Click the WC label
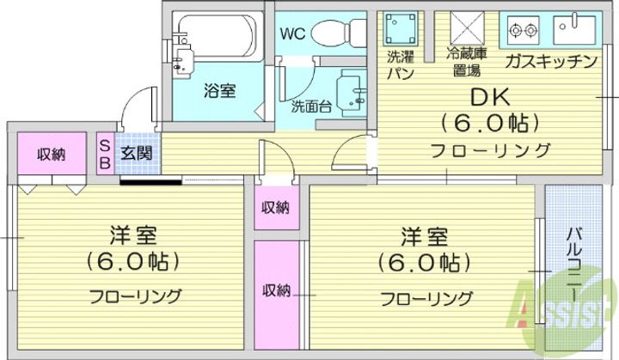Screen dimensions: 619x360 [x=292, y=34]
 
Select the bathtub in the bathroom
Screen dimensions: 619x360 [x=218, y=36]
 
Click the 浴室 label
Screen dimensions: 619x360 [x=220, y=92]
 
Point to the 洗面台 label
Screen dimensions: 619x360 [x=310, y=107]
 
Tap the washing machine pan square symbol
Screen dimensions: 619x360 [x=401, y=27]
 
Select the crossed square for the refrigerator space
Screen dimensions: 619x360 [x=468, y=27]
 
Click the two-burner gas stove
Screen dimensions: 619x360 [x=524, y=29]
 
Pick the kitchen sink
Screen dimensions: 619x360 [x=574, y=29]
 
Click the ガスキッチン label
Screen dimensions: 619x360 [x=551, y=61]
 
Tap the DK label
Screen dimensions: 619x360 [x=490, y=97]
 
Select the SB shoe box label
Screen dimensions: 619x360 [x=105, y=155]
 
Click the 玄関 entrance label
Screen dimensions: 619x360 [x=136, y=153]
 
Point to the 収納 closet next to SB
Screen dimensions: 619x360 [x=52, y=154]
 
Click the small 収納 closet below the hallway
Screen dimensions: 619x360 [x=276, y=207]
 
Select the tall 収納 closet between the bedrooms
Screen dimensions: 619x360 [x=276, y=295]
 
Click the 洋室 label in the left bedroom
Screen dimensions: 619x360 [x=133, y=235]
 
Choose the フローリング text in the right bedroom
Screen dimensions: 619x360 [x=426, y=299]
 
